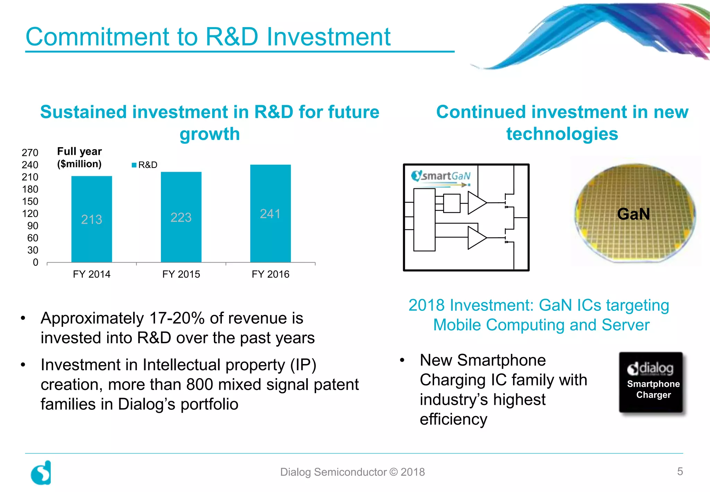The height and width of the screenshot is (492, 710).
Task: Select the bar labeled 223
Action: click(181, 217)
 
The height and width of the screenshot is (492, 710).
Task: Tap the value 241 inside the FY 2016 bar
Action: click(270, 214)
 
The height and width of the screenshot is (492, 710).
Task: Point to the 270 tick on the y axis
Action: click(30, 153)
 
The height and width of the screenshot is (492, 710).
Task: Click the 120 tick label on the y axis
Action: click(30, 213)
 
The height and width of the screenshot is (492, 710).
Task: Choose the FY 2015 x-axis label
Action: click(181, 274)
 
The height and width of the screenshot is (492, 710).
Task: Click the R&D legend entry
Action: click(145, 165)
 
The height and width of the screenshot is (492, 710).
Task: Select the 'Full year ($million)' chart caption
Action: click(79, 158)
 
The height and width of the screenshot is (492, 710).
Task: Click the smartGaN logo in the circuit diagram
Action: click(441, 176)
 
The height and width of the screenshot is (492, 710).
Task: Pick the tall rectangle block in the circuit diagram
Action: click(424, 219)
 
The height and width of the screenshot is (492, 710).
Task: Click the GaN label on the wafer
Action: click(633, 214)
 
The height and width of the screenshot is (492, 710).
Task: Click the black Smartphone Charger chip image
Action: click(651, 382)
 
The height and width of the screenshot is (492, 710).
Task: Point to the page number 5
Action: click(680, 471)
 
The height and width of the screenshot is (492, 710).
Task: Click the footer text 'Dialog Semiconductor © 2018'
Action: click(352, 472)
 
